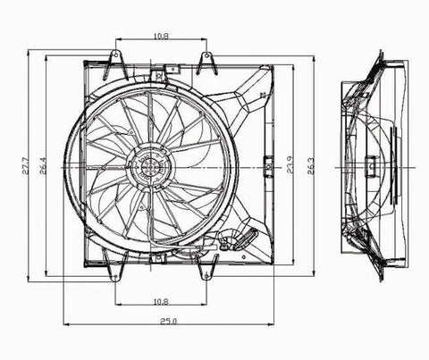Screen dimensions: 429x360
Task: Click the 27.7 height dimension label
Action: tap(26, 165)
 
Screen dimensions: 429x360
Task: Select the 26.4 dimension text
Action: tap(43, 165)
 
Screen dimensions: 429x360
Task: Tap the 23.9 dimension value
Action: tap(290, 164)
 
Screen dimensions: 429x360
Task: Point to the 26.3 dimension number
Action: tap(310, 165)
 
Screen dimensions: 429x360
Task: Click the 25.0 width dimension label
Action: tap(169, 322)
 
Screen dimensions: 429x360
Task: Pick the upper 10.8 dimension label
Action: tap(161, 37)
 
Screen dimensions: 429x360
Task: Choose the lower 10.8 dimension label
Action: tap(161, 302)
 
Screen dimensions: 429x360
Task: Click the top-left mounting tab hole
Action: tap(115, 54)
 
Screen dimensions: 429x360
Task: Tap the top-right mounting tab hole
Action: tap(206, 55)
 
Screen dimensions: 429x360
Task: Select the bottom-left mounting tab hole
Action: tap(115, 277)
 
